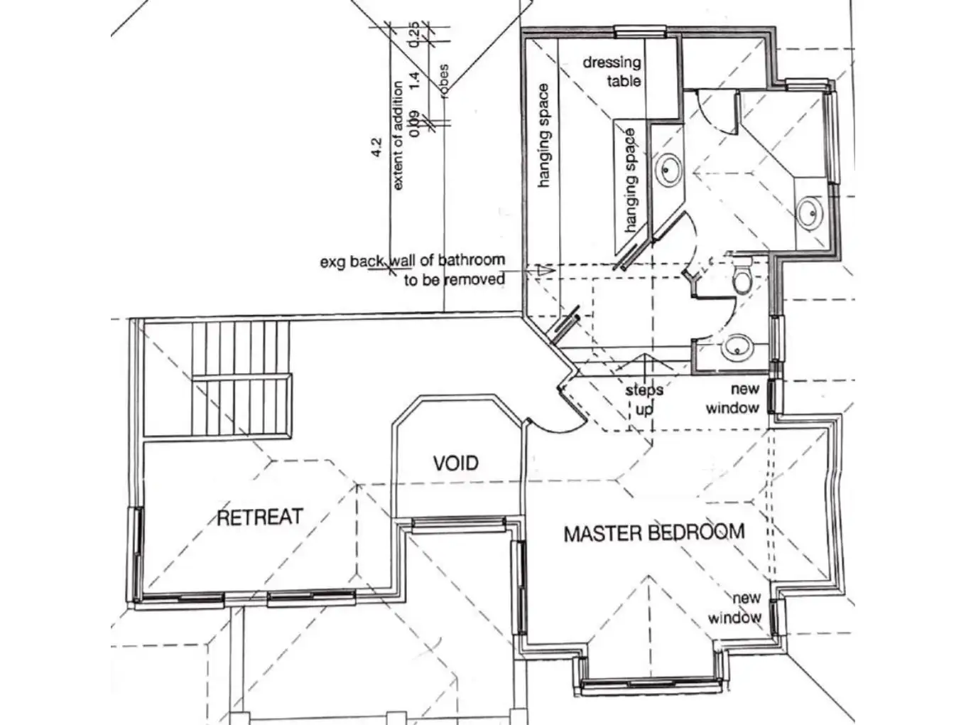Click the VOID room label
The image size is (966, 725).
(x=455, y=463)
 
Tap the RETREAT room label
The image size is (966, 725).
(x=259, y=517)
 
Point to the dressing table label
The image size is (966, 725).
(x=612, y=71)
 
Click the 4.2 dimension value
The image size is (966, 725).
(x=376, y=147)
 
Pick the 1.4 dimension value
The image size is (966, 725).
(x=417, y=79)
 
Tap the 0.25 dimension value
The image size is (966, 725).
(x=416, y=34)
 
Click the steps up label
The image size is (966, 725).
(x=644, y=399)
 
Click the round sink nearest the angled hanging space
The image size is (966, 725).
(x=668, y=168)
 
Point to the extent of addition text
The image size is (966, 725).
(x=398, y=135)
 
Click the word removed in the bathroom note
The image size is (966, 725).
(x=474, y=279)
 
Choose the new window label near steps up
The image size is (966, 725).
(x=732, y=399)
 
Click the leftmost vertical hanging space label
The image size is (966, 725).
(x=543, y=135)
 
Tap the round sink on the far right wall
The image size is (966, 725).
(x=808, y=211)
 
